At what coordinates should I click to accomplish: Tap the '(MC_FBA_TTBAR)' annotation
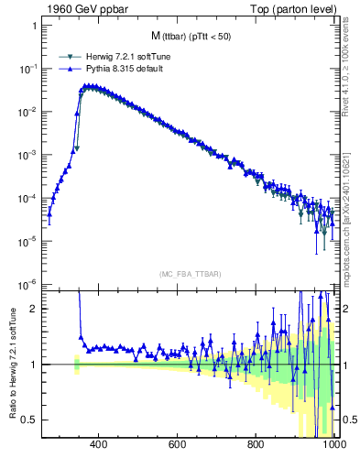pyautogui.click(x=190, y=274)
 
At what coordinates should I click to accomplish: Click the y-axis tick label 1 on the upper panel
pyautogui.click(x=34, y=26)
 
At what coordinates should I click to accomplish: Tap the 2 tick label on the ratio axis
pyautogui.click(x=34, y=309)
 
